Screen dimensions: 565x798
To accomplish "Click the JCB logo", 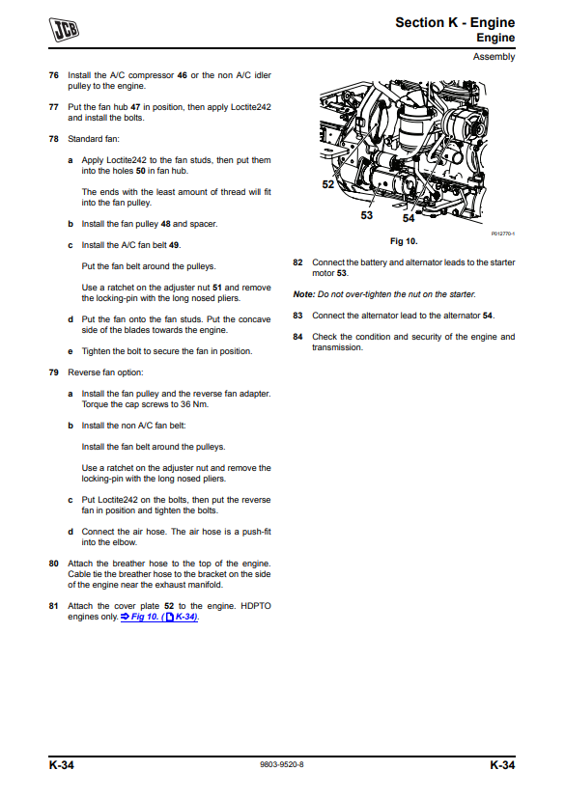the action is pyautogui.click(x=64, y=29).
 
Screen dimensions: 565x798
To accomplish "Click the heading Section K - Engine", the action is pyautogui.click(x=455, y=22).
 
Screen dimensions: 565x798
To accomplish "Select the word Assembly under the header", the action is pyautogui.click(x=494, y=57).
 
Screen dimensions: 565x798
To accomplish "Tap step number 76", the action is pyautogui.click(x=53, y=75).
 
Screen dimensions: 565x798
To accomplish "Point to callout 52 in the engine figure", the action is pyautogui.click(x=328, y=184).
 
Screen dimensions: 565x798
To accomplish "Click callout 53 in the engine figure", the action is pyautogui.click(x=367, y=215).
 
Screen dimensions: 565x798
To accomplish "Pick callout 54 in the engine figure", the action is pyautogui.click(x=409, y=218).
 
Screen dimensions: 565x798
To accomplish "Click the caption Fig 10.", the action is pyautogui.click(x=404, y=241).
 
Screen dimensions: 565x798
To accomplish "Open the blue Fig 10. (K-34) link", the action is pyautogui.click(x=159, y=617).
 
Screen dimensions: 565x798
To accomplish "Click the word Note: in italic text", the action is pyautogui.click(x=304, y=294).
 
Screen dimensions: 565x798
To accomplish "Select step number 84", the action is pyautogui.click(x=297, y=337).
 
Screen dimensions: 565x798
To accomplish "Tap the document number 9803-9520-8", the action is pyautogui.click(x=282, y=764).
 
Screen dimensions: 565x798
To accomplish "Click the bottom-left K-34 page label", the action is pyautogui.click(x=61, y=765).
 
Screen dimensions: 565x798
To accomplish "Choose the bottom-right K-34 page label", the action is pyautogui.click(x=502, y=765).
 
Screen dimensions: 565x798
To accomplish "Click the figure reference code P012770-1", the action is pyautogui.click(x=503, y=234).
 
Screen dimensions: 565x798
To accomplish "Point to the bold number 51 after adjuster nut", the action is pyautogui.click(x=217, y=288).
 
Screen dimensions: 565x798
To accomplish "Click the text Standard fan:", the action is pyautogui.click(x=94, y=139).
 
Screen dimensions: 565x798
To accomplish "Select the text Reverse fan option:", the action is pyautogui.click(x=105, y=372).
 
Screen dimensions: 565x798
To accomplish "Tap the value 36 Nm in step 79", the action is pyautogui.click(x=195, y=404).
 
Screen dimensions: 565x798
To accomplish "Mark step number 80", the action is pyautogui.click(x=53, y=564).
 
